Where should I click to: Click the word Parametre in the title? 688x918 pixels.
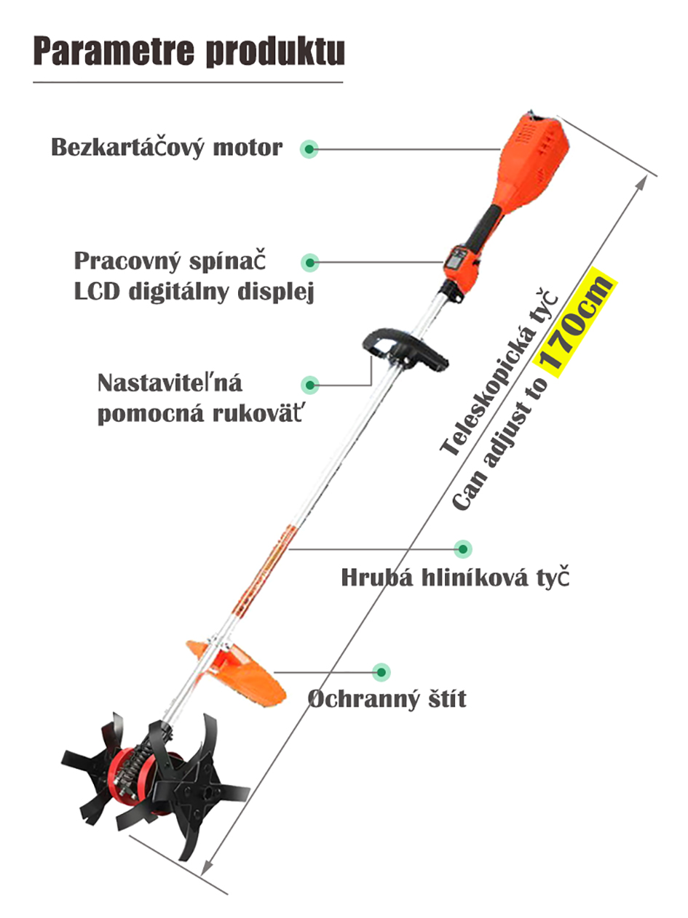(x=114, y=51)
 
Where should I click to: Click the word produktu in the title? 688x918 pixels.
(x=275, y=52)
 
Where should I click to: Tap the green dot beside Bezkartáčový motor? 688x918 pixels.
(x=309, y=149)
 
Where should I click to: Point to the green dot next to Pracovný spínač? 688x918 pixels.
(x=309, y=263)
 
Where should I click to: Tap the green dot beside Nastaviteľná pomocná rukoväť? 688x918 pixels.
(x=310, y=384)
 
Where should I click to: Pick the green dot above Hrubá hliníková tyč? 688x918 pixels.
(x=463, y=548)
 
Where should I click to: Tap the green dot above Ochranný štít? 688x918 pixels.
(x=381, y=672)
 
